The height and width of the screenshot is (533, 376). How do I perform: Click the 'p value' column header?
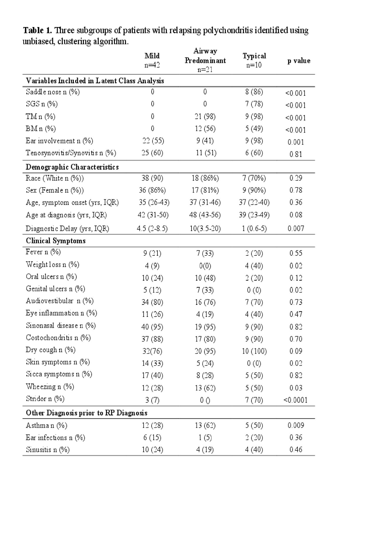pos(299,61)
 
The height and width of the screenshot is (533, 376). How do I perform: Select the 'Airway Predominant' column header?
pos(205,60)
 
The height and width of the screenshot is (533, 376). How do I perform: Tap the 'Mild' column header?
pos(152,56)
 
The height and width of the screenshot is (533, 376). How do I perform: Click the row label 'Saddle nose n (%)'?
pos(53,92)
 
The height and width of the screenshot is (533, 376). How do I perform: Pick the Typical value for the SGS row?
pos(254,104)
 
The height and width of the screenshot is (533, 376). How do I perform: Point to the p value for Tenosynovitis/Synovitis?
pos(296,154)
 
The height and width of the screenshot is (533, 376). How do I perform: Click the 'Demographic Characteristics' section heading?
pos(72,167)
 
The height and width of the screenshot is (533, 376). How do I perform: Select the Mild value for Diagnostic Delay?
pos(152,228)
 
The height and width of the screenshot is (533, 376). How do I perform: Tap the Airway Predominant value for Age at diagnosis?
pos(205,215)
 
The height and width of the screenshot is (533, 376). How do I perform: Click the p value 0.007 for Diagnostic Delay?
pos(296,228)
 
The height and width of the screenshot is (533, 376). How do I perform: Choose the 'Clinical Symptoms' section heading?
pos(56,241)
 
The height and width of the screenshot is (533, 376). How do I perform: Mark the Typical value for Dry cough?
pos(254,351)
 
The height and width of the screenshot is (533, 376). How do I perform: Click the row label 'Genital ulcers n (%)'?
pos(56,289)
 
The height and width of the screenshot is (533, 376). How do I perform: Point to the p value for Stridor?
pos(296,400)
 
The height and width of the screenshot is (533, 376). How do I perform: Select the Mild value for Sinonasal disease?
pos(152,327)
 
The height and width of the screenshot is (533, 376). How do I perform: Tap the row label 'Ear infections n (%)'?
pos(56,438)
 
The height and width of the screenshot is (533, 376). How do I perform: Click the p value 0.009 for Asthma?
pos(296,425)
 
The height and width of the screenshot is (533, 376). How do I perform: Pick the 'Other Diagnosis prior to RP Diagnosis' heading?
pos(87,413)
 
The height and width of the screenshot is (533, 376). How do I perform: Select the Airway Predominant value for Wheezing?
pos(205,388)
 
